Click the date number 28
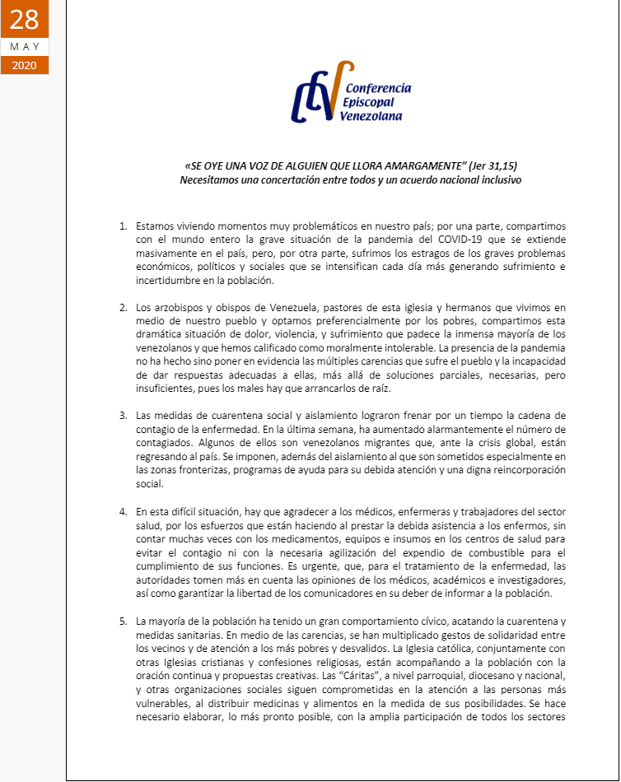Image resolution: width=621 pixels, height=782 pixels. coord(24,19)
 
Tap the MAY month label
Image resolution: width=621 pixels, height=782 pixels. coord(24,47)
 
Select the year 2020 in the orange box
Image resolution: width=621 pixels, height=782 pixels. coord(24,65)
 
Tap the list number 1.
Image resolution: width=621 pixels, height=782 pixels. coord(123,226)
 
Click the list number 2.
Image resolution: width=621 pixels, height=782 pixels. coord(123,307)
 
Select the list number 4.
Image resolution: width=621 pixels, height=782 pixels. coord(123,512)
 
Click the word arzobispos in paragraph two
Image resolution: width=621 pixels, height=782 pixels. coord(178,307)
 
